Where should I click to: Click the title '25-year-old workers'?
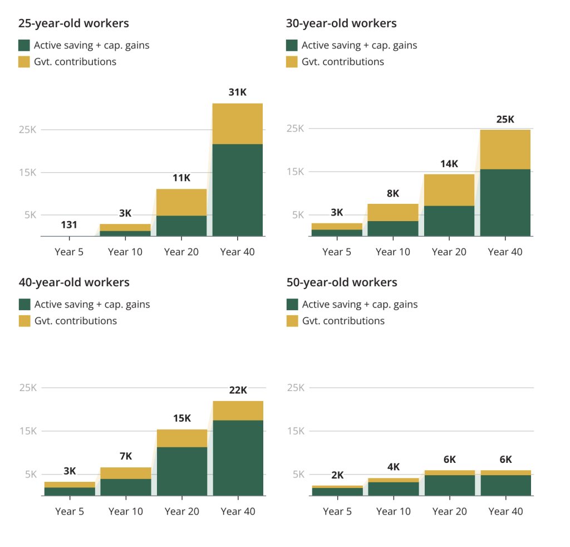click(73, 23)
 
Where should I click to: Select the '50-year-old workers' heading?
click(342, 282)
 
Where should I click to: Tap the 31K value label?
click(237, 92)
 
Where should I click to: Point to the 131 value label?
click(69, 225)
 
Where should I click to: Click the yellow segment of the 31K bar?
click(237, 124)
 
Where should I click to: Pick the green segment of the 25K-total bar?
click(505, 203)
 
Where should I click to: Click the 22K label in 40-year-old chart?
click(238, 390)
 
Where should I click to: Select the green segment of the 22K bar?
click(238, 458)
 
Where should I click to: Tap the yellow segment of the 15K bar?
click(182, 438)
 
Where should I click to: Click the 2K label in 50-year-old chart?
click(337, 475)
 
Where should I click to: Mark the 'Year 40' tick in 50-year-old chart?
click(505, 511)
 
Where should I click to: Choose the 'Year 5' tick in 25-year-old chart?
click(69, 252)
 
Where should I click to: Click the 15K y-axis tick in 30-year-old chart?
click(295, 172)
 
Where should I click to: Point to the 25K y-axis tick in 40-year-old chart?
click(28, 388)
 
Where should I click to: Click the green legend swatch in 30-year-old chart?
click(292, 46)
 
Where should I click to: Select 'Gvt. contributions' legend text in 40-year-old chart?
click(76, 321)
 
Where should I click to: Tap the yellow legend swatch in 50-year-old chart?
click(292, 321)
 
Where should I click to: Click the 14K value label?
click(449, 164)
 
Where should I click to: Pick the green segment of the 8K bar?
click(393, 228)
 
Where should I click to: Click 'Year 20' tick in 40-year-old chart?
click(182, 511)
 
